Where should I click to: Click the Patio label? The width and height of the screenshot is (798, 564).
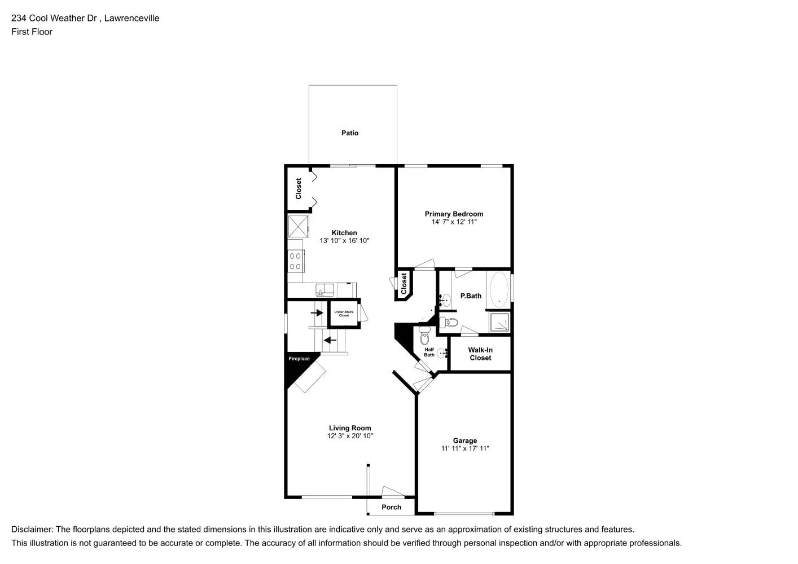[350, 133]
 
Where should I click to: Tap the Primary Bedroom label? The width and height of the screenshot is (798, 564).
[454, 214]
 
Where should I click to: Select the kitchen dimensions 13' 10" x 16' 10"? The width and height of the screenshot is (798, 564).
[344, 241]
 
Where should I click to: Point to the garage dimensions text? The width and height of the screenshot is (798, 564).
[465, 448]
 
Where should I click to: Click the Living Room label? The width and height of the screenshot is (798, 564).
[350, 428]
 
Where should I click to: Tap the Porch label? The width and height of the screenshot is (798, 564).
[391, 507]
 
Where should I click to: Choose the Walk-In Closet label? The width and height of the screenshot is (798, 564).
[480, 354]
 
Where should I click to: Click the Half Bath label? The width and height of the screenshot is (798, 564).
[429, 352]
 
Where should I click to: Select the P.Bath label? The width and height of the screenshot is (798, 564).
[471, 296]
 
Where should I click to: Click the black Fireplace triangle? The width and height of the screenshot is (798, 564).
[296, 367]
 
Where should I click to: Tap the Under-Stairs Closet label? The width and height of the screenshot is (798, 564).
[344, 314]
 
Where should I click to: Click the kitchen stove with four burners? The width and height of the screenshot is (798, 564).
[296, 261]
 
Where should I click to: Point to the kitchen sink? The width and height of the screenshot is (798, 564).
[325, 290]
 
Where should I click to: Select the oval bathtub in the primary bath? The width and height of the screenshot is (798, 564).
[499, 289]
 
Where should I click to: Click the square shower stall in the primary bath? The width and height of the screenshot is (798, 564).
[499, 322]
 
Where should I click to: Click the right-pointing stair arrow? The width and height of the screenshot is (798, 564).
[317, 312]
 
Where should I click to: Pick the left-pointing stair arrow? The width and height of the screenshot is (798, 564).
[330, 341]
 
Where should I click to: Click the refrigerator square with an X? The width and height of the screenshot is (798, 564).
[298, 226]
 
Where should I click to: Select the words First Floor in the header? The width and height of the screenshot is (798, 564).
[32, 32]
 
